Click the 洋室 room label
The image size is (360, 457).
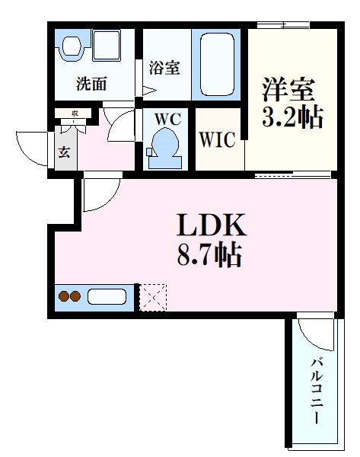click(x=289, y=90)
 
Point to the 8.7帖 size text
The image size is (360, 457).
click(x=210, y=254)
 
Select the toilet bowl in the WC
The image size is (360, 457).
click(x=164, y=144)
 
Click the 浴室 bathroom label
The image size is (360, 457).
click(x=164, y=68)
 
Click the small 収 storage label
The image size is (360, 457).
click(x=75, y=114)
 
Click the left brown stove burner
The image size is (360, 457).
click(x=65, y=296)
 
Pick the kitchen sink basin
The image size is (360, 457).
click(x=107, y=296)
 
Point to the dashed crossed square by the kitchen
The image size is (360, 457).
click(x=152, y=296)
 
